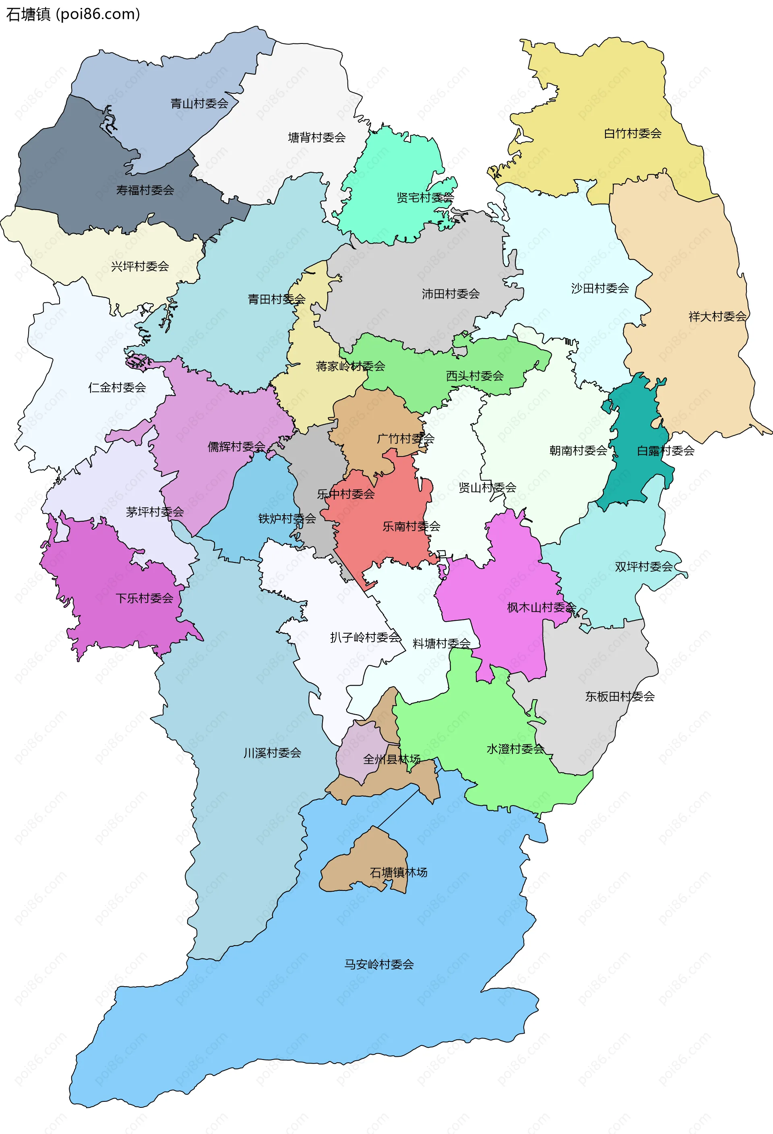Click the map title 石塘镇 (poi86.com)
click(x=73, y=14)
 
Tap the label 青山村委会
click(x=199, y=103)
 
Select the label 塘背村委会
click(x=317, y=138)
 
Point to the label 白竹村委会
click(x=632, y=133)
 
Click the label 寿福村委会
click(x=145, y=190)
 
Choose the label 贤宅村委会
click(x=425, y=198)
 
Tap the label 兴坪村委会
click(x=140, y=266)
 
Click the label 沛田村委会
click(x=451, y=294)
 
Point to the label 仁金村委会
click(x=117, y=387)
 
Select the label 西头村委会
click(x=475, y=376)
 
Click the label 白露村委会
click(x=666, y=451)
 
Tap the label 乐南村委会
click(x=411, y=527)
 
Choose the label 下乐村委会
click(x=145, y=598)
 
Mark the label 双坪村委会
click(x=644, y=566)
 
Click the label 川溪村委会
click(x=272, y=753)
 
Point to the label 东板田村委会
click(x=620, y=696)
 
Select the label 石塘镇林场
click(x=398, y=872)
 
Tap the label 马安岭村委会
click(x=379, y=964)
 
